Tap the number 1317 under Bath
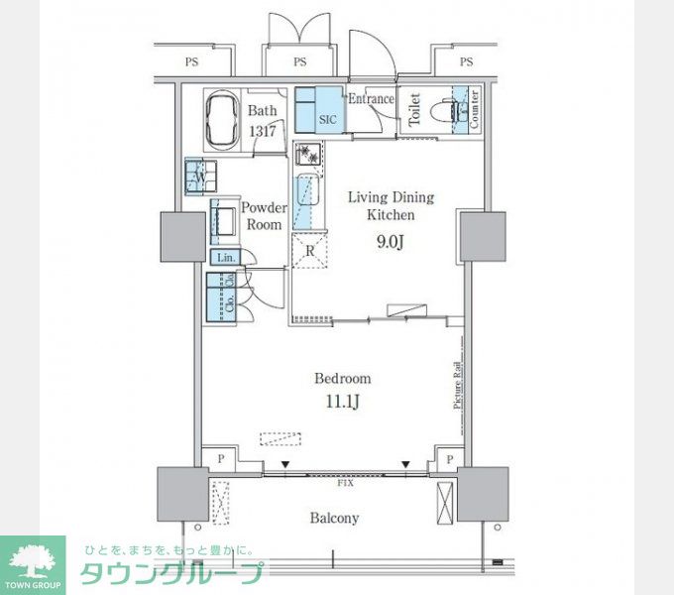click(x=263, y=130)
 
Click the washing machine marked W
click(x=199, y=178)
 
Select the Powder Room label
click(x=264, y=216)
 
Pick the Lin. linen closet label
click(x=224, y=258)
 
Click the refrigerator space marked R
click(x=310, y=250)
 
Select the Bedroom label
click(x=342, y=378)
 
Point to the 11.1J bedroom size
click(x=342, y=403)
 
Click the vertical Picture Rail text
click(x=458, y=385)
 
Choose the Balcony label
click(x=334, y=518)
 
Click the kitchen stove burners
click(x=308, y=155)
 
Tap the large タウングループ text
click(x=172, y=573)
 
